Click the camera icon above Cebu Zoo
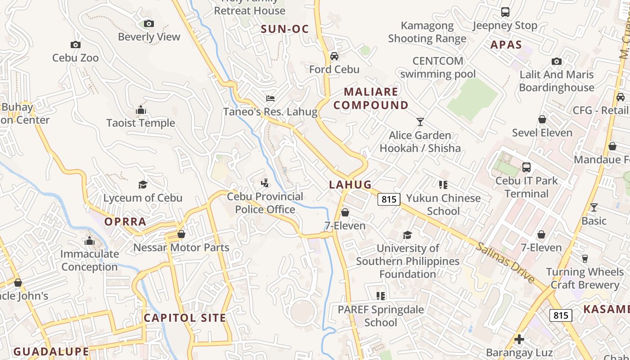point(76,45)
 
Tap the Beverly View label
point(149,37)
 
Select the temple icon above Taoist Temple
point(141,110)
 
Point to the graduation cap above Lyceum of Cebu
point(143,185)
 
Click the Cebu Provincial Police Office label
point(265,203)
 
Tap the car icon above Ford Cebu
point(334,56)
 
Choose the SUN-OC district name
point(285,30)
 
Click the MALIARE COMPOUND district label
point(371,99)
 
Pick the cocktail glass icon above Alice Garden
point(420,122)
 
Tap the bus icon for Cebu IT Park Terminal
point(526,167)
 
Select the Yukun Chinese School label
point(443,205)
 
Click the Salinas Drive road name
point(506,262)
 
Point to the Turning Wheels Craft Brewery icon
point(585,259)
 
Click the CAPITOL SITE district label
point(184,318)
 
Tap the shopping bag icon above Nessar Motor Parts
point(181,234)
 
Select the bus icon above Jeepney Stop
point(505,12)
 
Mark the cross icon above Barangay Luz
point(519,339)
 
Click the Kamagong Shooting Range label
point(427,32)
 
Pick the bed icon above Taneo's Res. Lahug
point(270,99)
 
